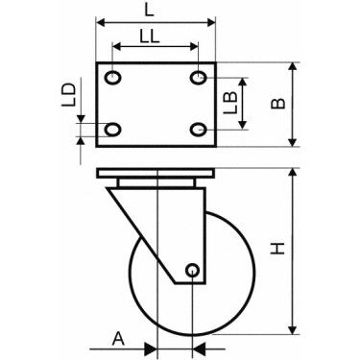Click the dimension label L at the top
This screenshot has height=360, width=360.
click(149, 11)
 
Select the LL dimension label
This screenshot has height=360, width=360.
click(150, 36)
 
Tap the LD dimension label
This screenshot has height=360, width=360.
click(68, 95)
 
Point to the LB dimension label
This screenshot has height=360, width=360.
click(230, 103)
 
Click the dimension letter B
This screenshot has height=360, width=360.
click(277, 104)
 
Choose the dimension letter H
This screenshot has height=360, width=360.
click(277, 249)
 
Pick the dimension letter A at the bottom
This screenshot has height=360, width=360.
click(118, 339)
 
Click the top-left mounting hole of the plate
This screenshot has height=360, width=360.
click(113, 78)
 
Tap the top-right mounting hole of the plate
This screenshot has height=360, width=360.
click(199, 78)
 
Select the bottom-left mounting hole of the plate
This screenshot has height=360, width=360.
click(113, 130)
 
